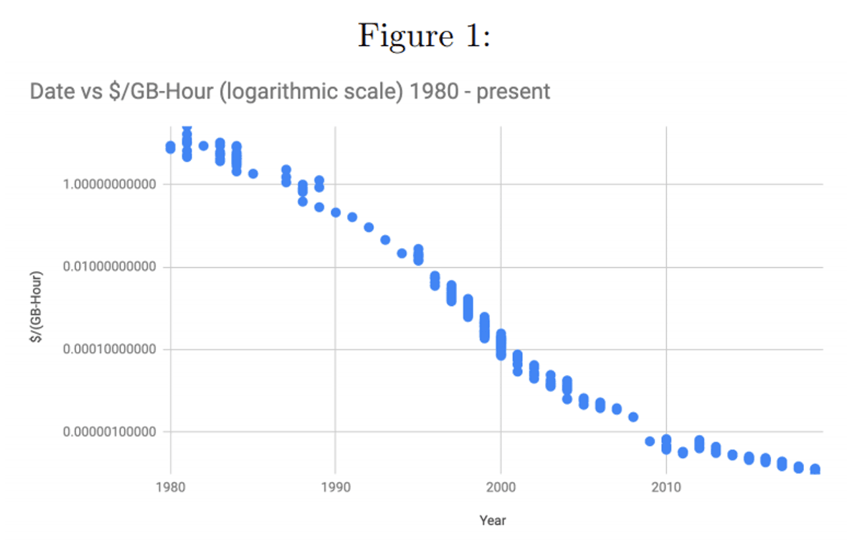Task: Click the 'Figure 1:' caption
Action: pos(424,36)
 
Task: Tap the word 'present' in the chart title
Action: pos(513,91)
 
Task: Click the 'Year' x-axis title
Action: pos(493,521)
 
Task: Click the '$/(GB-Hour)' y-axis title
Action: pos(38,306)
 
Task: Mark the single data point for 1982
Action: pos(203,146)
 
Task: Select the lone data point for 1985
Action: pos(253,174)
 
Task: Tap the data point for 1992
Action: pos(369,227)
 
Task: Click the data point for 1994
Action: pos(402,253)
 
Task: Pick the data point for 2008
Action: pos(633,417)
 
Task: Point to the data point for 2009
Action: pos(650,441)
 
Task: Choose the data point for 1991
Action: pos(352,217)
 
